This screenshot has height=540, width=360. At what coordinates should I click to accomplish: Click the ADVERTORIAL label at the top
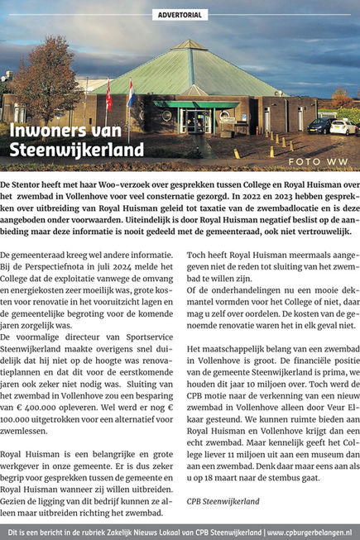point(180,14)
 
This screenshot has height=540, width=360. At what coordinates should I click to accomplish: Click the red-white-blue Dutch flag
point(131,94)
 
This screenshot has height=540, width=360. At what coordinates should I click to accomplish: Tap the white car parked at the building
point(342,127)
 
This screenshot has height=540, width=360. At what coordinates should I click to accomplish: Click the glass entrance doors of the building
point(197,122)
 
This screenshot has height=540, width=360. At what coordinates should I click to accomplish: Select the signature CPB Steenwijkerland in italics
point(222,501)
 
